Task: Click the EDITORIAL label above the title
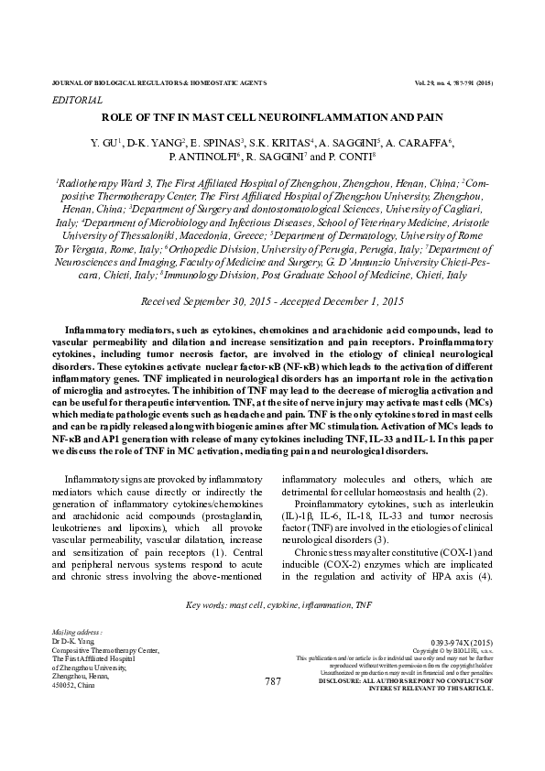[79, 99]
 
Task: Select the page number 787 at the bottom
[272, 682]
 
